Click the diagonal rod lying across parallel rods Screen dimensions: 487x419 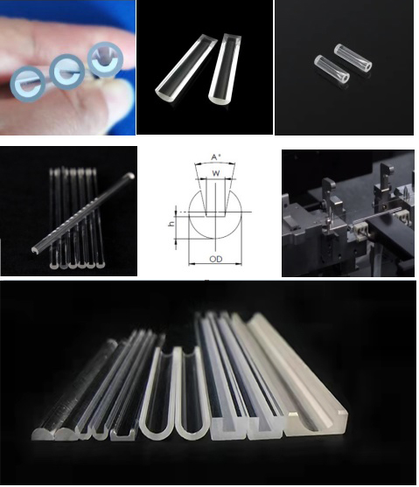[x=83, y=215]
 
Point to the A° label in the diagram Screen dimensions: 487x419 [x=215, y=157]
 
